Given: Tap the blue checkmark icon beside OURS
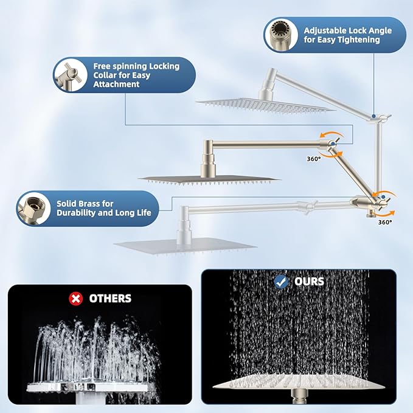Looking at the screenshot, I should tap(281, 282).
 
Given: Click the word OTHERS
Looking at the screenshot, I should tap(110, 298).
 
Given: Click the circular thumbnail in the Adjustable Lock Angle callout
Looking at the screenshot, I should tap(281, 35).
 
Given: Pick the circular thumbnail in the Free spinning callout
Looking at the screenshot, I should tap(72, 75).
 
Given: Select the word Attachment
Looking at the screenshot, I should tap(116, 85).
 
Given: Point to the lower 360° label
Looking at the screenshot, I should tap(384, 223).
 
